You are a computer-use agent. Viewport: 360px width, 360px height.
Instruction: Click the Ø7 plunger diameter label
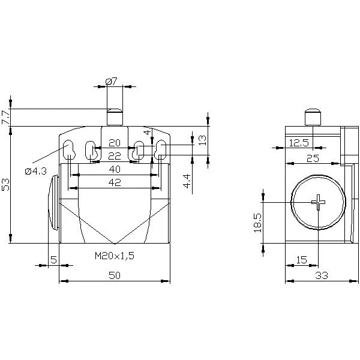[112, 82]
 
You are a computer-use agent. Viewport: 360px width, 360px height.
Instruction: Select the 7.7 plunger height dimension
[5, 118]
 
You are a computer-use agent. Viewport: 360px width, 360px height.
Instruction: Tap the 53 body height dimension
[5, 185]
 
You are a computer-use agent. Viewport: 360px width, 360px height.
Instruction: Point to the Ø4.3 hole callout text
[36, 171]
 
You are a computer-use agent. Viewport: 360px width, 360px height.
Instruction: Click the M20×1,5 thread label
[115, 256]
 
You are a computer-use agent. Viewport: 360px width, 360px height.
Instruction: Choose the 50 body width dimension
[115, 275]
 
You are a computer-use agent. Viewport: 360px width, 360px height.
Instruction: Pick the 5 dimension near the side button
[53, 260]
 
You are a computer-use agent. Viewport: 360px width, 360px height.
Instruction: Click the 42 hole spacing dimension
[115, 182]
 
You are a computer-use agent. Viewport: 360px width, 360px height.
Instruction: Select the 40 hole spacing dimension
[115, 169]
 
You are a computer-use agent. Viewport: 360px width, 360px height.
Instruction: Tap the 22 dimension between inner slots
[115, 157]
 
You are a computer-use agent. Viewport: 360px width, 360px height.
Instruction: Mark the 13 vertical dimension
[202, 140]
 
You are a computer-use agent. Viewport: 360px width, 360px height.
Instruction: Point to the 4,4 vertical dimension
[187, 181]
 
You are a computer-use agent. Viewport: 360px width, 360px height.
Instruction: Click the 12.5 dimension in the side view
[299, 143]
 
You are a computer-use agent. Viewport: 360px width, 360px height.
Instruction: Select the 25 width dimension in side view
[313, 158]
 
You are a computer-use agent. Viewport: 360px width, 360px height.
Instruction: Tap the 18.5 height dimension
[257, 223]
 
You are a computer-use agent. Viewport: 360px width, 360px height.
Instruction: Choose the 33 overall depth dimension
[322, 275]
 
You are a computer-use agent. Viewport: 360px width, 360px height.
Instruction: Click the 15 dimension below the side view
[301, 260]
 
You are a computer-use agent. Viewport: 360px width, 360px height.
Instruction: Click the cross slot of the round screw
[318, 202]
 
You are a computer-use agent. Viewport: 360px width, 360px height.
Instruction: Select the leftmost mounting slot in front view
[69, 149]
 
